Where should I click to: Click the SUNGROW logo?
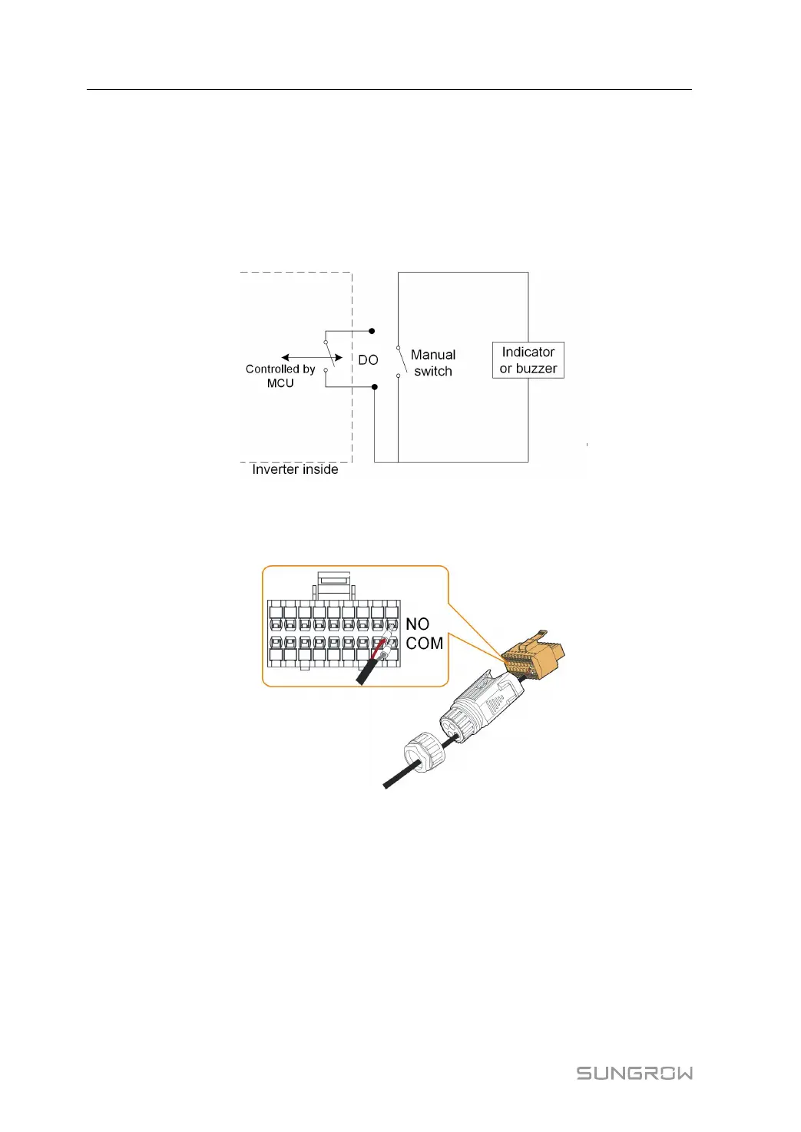[634, 1073]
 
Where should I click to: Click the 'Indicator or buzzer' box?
[528, 360]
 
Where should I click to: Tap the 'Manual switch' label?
[433, 362]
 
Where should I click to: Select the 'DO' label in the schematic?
[368, 359]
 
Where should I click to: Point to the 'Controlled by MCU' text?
[280, 376]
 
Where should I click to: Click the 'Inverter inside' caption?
[295, 469]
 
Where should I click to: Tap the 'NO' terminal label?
[417, 624]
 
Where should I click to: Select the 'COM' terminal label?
[425, 644]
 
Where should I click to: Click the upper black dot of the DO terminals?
[372, 331]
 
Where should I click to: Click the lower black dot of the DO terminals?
[375, 387]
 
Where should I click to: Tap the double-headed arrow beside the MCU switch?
[311, 358]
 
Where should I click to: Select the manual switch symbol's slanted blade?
[402, 361]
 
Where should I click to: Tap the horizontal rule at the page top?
[389, 89]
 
